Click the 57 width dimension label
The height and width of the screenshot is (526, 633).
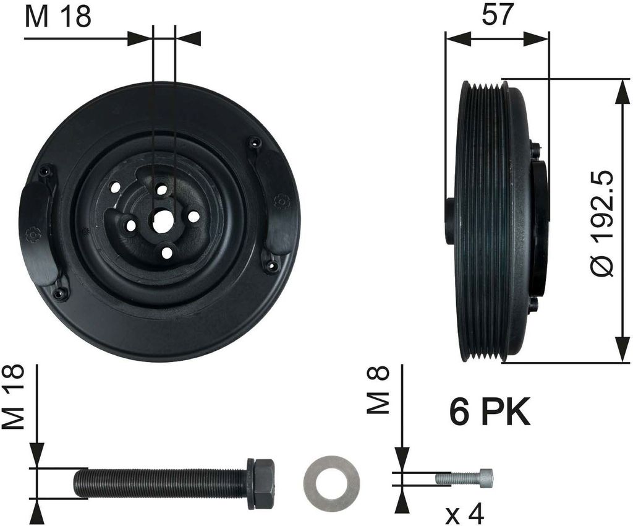pos(497,15)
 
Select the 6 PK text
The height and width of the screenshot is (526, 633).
pos(490,413)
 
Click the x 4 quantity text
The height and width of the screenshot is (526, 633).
pos(465,513)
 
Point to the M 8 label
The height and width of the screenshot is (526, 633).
pos(378,390)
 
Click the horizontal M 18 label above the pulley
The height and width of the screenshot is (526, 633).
pos(58,16)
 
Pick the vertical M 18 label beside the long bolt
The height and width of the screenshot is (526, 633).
pos(14,397)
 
